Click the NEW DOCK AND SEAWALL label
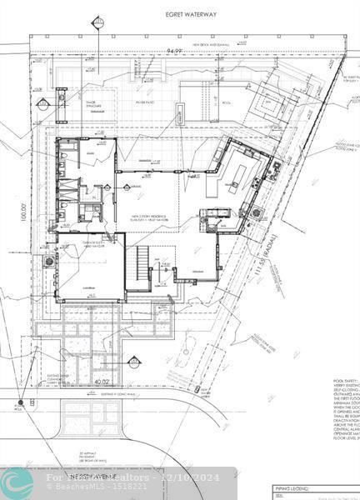tap(191, 43)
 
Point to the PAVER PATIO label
tap(147, 103)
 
